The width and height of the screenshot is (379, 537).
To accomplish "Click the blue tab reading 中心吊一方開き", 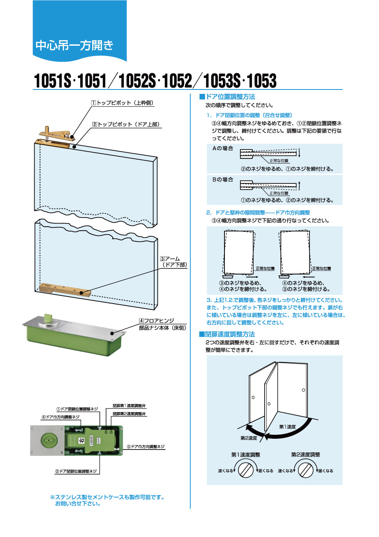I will click(75, 45).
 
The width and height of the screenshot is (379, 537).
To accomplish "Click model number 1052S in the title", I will click(137, 81).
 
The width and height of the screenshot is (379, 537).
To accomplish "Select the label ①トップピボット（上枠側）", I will click(122, 103).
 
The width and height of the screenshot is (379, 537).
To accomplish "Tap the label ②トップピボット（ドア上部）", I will click(126, 124).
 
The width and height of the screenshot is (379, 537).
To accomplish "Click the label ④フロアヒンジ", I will click(157, 321).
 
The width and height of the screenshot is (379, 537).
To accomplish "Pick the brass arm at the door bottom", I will click(65, 289).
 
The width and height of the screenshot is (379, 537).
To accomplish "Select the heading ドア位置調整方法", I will click(230, 97).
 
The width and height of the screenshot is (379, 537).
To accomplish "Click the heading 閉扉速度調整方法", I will click(229, 334).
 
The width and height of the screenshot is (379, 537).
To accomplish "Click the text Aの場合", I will click(222, 148).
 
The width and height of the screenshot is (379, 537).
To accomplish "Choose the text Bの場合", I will click(222, 180).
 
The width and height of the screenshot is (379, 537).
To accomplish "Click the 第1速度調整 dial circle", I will click(246, 470).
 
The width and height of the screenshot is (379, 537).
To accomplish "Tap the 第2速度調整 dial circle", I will click(306, 470).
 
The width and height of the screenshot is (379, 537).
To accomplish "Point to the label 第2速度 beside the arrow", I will click(249, 438).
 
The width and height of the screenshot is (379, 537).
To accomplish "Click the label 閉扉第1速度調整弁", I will click(129, 406).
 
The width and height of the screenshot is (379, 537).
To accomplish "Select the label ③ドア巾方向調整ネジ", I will click(145, 447).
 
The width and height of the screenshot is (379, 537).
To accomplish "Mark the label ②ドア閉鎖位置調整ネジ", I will click(76, 471).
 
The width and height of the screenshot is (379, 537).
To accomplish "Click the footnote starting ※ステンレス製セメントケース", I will click(107, 500).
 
